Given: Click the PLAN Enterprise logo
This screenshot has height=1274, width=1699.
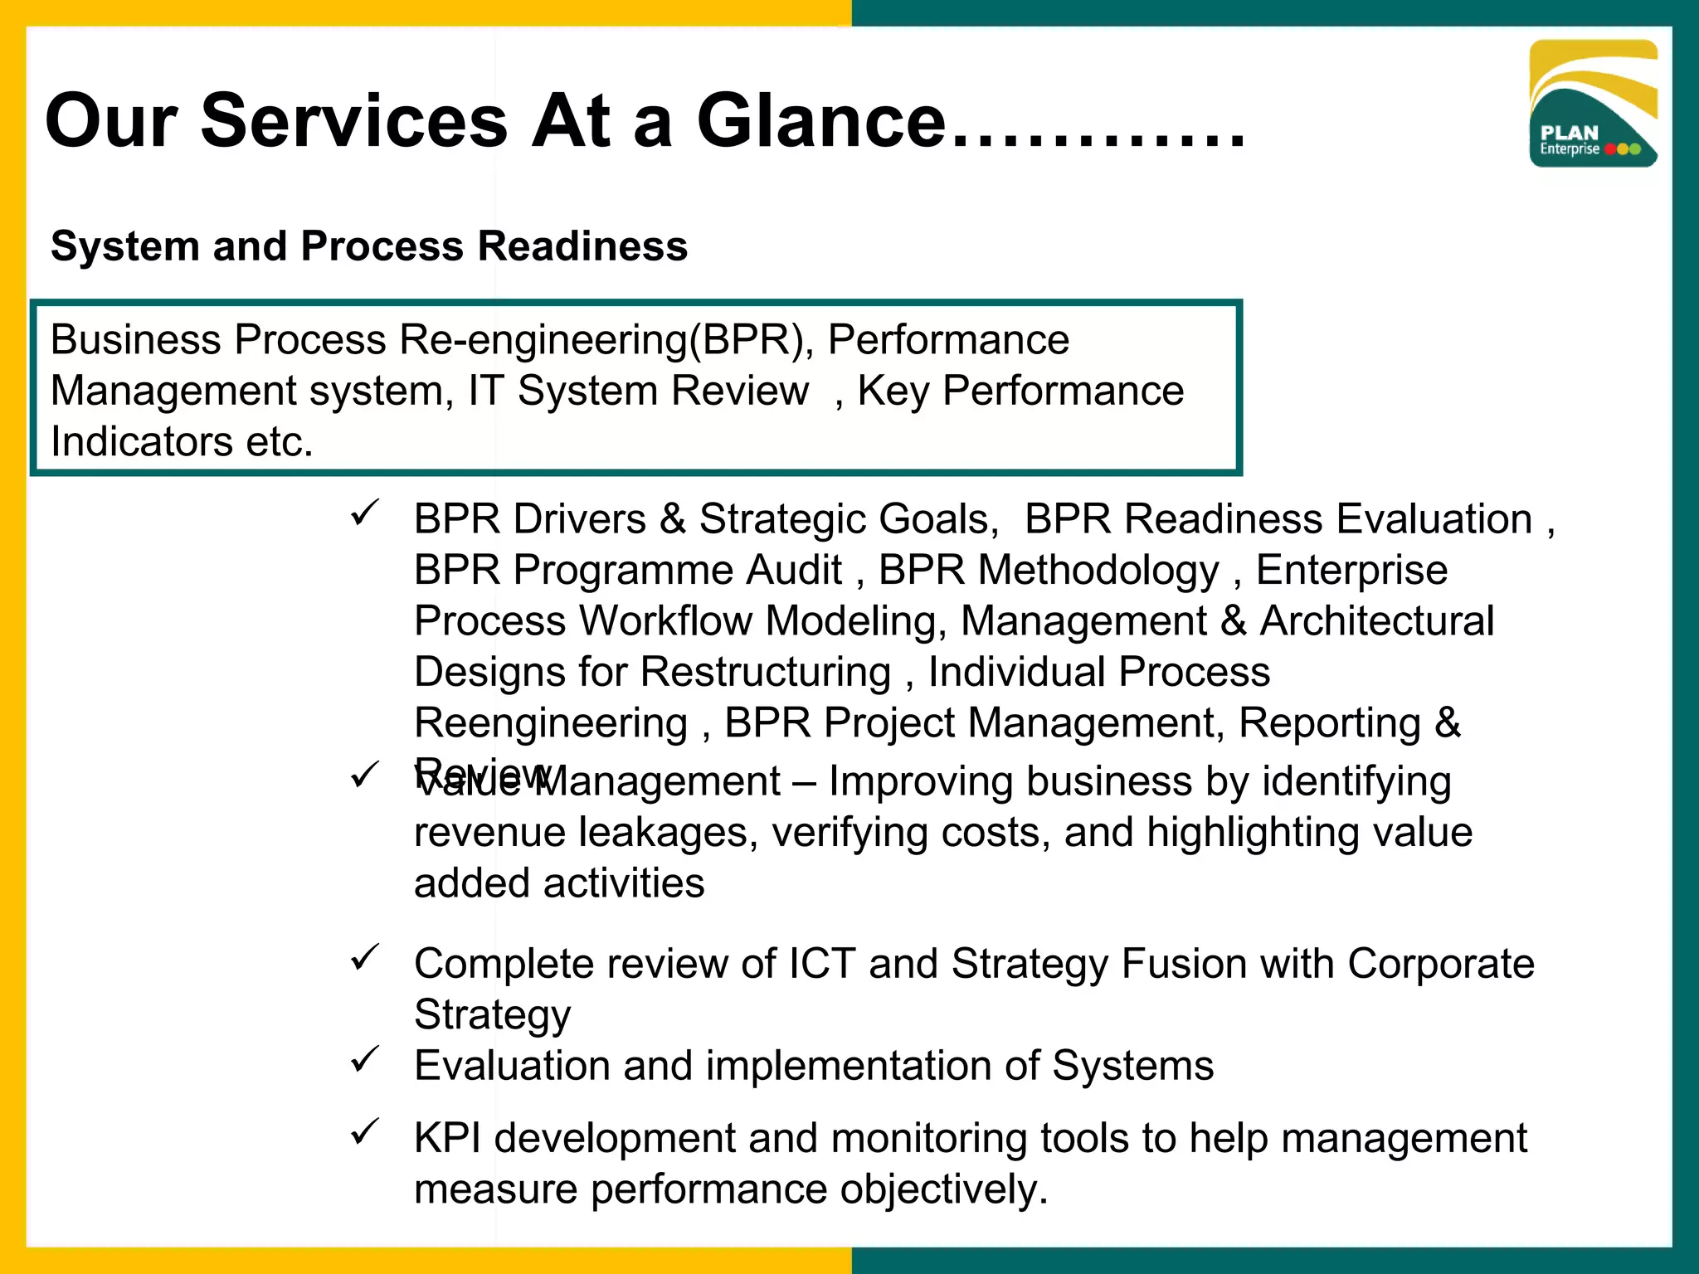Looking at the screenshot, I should tap(1593, 104).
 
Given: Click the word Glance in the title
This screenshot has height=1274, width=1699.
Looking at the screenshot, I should tap(821, 122).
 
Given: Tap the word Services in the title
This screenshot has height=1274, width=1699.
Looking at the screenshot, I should tap(353, 122).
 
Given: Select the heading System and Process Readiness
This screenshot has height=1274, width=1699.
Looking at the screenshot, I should tap(369, 246).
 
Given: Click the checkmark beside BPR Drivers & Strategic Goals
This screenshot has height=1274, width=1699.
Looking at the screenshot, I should tap(365, 513).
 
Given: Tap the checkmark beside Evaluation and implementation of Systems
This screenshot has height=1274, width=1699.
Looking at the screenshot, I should tap(365, 1059).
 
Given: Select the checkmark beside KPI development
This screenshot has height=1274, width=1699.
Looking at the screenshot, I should tap(365, 1131).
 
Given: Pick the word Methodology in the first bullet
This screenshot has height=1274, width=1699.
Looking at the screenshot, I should tap(1098, 571).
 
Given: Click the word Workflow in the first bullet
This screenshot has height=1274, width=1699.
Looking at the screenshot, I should tap(665, 621).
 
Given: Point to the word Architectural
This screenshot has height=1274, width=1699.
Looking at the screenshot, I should tap(1376, 621).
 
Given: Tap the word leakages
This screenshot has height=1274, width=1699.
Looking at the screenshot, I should tap(668, 832).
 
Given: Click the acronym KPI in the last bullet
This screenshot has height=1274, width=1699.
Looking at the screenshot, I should tap(447, 1138).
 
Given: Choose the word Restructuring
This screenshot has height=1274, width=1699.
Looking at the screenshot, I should tap(766, 672).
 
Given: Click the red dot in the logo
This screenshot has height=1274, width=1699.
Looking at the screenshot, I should tap(1611, 149).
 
